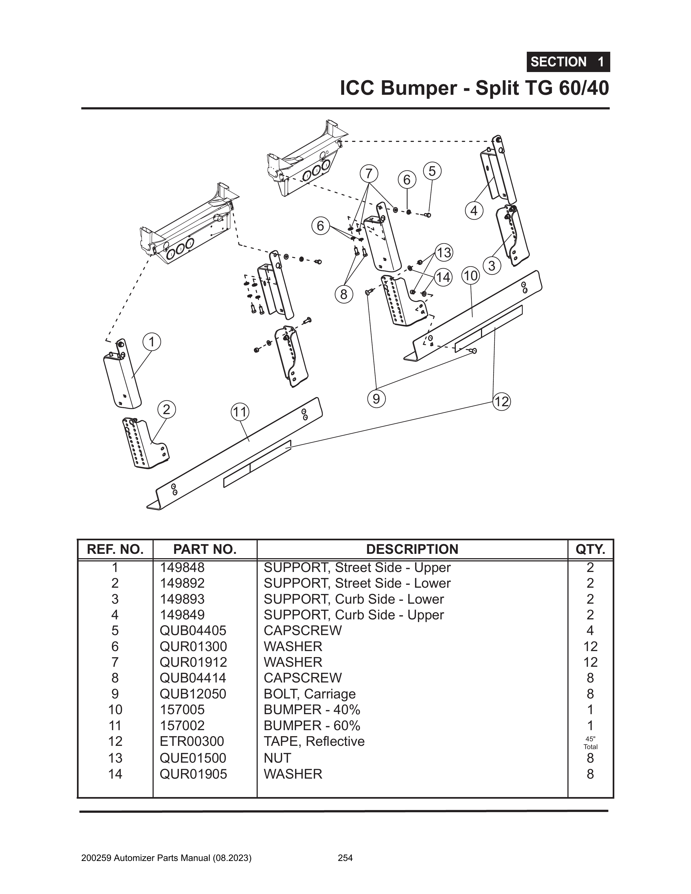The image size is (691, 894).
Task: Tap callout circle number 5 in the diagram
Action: (x=432, y=171)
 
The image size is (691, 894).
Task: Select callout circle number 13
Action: (x=443, y=253)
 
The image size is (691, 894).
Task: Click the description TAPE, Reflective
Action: (x=314, y=741)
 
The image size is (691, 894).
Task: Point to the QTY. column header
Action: (x=590, y=549)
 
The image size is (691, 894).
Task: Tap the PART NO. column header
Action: (x=205, y=549)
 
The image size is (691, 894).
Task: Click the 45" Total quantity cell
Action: (x=590, y=743)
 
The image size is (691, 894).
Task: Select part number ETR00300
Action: (x=192, y=741)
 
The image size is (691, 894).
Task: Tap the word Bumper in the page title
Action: (x=418, y=88)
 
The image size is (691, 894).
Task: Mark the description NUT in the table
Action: (x=277, y=758)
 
